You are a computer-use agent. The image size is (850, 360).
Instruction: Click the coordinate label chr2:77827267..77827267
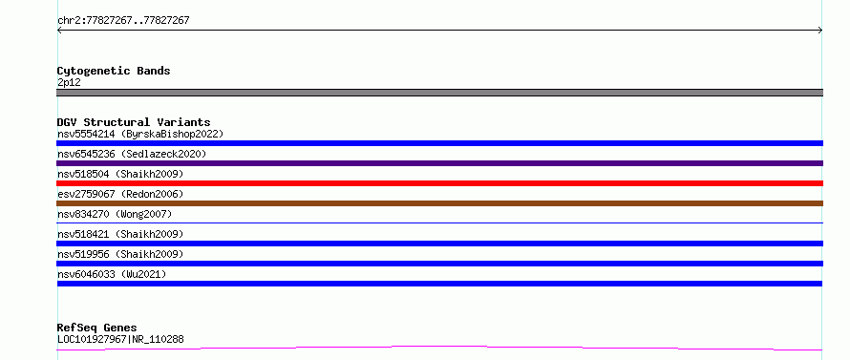(123, 21)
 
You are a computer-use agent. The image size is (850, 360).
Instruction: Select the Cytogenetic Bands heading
(114, 71)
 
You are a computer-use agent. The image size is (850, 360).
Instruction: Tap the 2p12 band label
(70, 82)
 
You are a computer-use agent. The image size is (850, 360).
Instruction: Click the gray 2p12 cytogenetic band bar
(439, 93)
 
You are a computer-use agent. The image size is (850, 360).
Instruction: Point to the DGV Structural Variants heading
(134, 122)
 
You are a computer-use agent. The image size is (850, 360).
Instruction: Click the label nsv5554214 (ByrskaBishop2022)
(140, 134)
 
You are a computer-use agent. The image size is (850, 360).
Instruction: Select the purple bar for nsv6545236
(439, 163)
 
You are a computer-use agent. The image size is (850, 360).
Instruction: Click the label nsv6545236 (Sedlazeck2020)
(132, 154)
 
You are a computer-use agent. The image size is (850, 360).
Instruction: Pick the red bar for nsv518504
(439, 183)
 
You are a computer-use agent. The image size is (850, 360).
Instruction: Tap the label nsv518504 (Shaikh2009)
(120, 174)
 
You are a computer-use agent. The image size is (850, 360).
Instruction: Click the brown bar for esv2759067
(439, 203)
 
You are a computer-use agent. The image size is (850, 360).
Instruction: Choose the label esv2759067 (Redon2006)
(120, 194)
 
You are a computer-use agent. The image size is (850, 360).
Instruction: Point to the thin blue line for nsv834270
(439, 222)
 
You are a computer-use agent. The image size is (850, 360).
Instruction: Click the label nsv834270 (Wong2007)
(115, 214)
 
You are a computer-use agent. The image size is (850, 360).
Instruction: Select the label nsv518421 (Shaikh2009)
(120, 234)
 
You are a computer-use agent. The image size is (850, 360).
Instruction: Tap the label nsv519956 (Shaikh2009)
(120, 254)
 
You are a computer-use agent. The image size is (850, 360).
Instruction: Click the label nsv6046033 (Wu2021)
(112, 274)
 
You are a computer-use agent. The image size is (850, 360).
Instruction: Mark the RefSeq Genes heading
(97, 328)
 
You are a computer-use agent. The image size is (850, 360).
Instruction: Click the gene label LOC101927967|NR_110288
(120, 339)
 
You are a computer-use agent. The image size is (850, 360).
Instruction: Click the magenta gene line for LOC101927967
(439, 348)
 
